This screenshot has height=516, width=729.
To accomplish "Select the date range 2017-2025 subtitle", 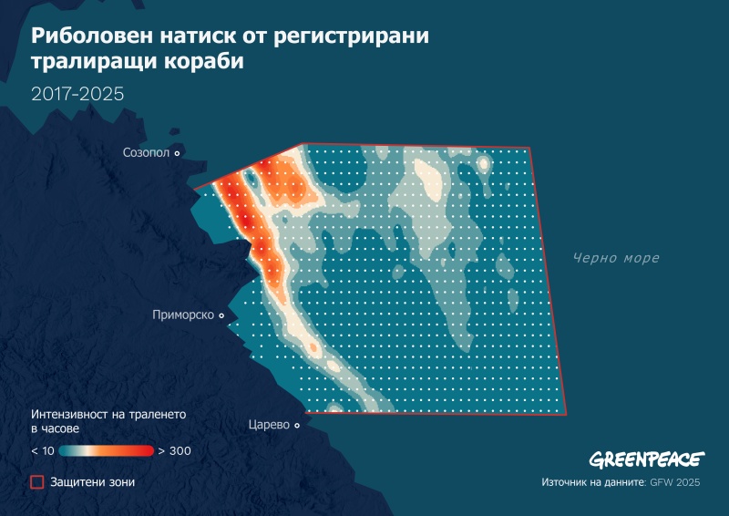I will pos(77,94).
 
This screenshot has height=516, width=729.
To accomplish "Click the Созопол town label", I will pos(146,153).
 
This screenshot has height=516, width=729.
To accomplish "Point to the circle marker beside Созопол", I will pos(177,153).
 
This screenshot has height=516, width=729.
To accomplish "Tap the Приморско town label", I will pos(183,315).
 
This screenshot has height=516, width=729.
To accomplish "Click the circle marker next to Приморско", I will pos(221,315).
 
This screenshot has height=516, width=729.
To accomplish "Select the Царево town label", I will pos(269,425).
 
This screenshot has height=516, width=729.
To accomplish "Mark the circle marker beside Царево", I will pos(297,425).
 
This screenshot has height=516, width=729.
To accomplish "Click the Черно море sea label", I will pos(615,258).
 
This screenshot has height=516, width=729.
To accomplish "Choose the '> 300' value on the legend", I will pos(173,450).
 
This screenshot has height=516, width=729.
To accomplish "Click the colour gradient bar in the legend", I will pos(108,450).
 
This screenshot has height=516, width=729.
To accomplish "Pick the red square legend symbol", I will pos(37,481).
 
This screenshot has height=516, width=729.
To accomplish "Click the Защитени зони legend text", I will pos(92,481).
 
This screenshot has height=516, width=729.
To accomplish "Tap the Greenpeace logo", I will pos(645,459).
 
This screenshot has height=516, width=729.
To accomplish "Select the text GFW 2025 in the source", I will pos(676,481).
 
